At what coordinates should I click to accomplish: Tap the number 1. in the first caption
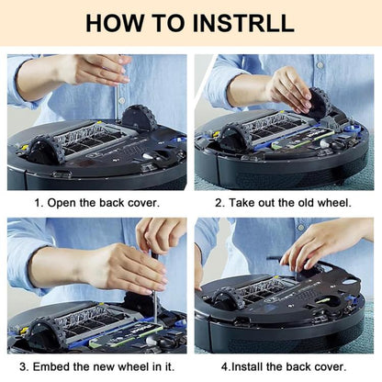(x=39, y=203)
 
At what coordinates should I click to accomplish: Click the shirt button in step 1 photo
(x=122, y=100)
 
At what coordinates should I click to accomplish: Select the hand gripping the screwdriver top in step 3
(x=160, y=236)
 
